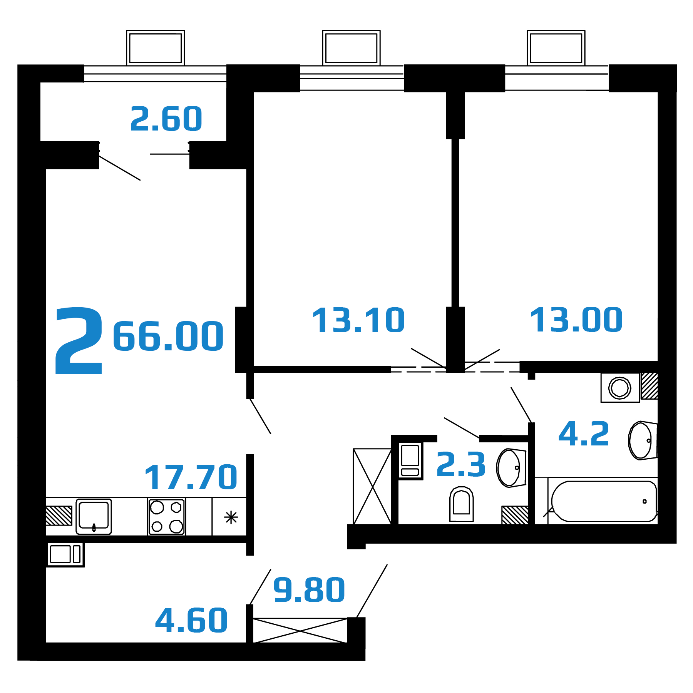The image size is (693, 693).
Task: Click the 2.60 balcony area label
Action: point(166,119)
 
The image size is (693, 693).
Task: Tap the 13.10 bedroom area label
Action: point(358,320)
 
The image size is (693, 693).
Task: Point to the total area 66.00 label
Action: point(168,336)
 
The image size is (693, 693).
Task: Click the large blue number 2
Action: point(79,340)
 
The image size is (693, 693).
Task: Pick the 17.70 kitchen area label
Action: point(191,477)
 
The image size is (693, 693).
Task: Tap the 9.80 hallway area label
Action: point(309,590)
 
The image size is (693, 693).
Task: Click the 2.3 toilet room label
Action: point(461,465)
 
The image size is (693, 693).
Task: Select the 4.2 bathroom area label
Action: point(584,434)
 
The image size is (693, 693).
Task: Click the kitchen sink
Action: point(94,517)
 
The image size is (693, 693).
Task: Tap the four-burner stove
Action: point(167,517)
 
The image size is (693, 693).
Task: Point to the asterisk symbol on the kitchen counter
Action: point(231,517)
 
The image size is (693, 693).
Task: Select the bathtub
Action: point(604,501)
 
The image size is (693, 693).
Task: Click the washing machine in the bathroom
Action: point(620,387)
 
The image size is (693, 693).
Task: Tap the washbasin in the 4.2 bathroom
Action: point(643,440)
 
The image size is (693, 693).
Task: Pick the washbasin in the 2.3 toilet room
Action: point(511,468)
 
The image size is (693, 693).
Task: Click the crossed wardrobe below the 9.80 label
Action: point(300,630)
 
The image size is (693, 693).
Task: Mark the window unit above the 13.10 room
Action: point(351,48)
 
